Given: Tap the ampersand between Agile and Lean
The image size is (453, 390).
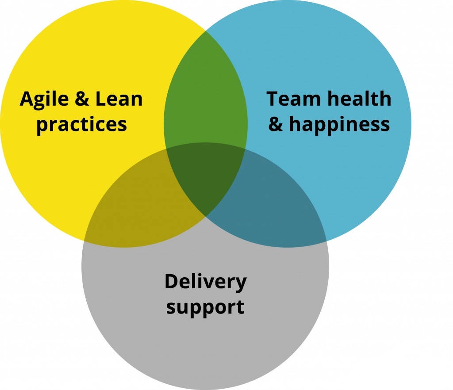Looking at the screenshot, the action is (x=82, y=99).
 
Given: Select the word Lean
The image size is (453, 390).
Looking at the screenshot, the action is (x=119, y=99).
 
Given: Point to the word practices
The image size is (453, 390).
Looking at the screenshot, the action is (x=81, y=125).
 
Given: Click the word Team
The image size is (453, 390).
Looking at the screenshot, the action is (x=293, y=99).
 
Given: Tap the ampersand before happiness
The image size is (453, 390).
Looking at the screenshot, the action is (x=276, y=124).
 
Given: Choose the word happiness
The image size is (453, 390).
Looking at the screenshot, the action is (x=339, y=125).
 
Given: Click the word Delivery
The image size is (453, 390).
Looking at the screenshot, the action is (x=205, y=282).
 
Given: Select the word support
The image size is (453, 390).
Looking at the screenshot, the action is (x=205, y=307).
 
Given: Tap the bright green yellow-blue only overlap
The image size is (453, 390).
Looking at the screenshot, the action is (x=205, y=95).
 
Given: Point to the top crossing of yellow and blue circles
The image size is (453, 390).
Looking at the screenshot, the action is (x=205, y=30).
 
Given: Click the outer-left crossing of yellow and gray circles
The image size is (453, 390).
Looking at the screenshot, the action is (x=84, y=241).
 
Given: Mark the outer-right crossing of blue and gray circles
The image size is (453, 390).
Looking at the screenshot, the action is (x=326, y=241).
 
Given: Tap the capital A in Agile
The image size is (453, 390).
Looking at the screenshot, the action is (x=28, y=99).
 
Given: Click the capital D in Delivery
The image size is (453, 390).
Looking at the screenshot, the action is (x=172, y=281).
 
